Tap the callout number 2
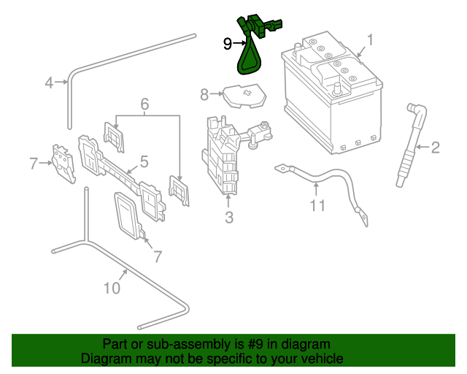(436, 149)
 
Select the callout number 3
(228, 217)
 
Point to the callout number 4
(49, 83)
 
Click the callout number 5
(144, 161)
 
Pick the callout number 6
(144, 104)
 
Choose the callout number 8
(204, 93)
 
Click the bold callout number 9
(228, 44)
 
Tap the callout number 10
(111, 289)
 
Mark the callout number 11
(317, 205)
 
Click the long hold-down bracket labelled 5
(124, 175)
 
